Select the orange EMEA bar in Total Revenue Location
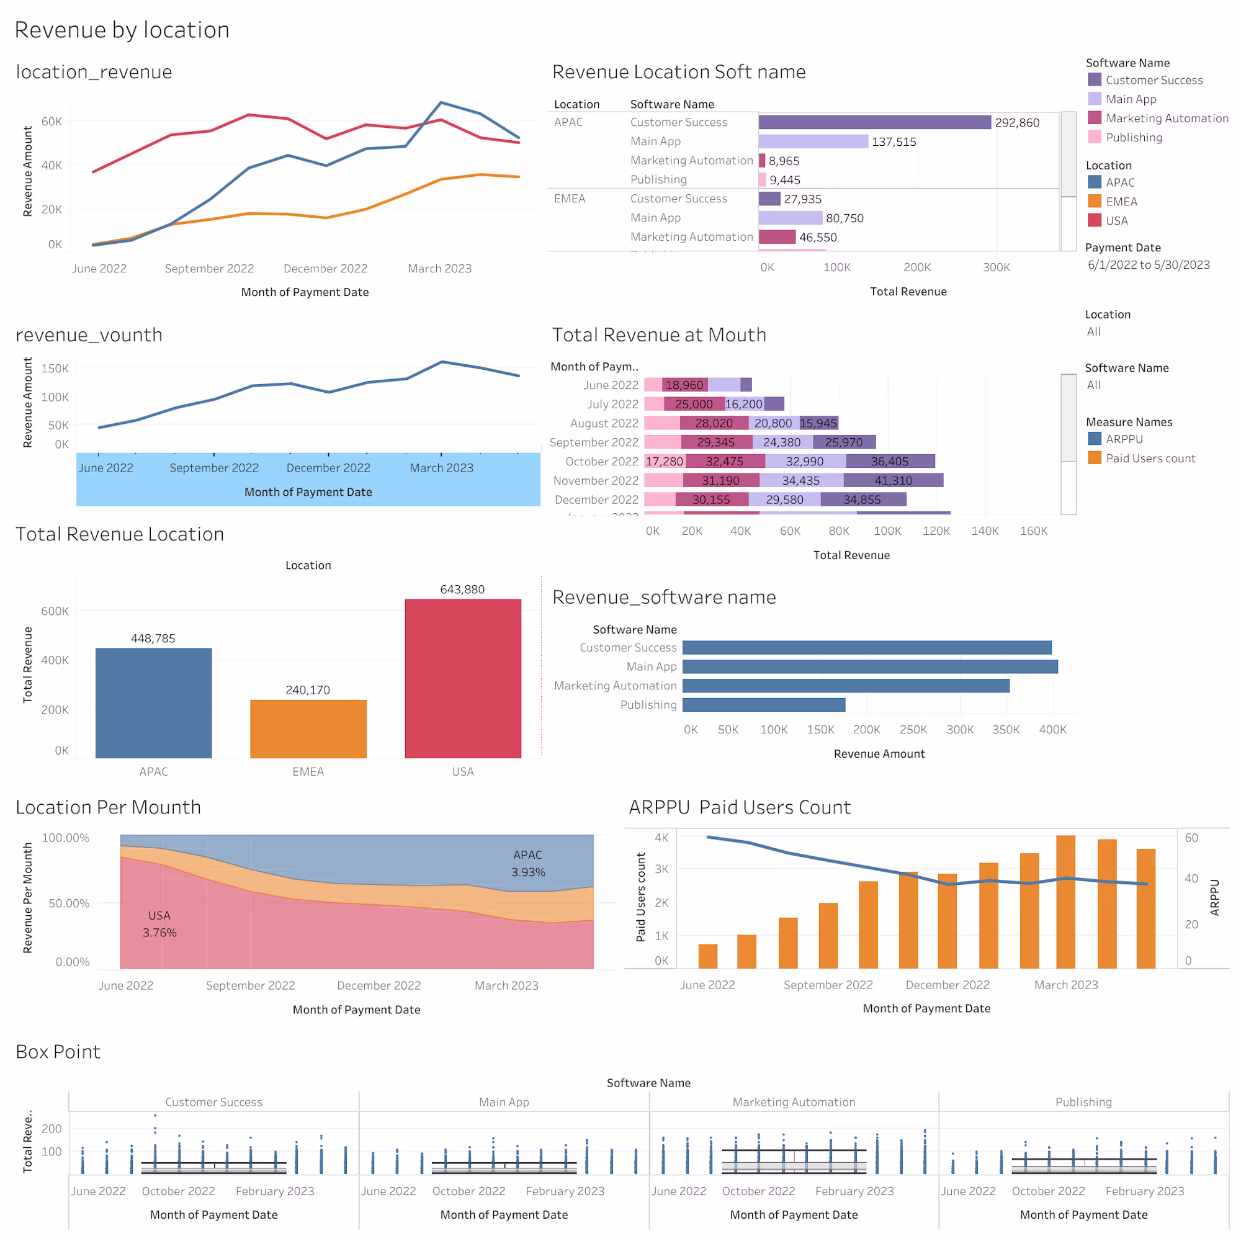pyautogui.click(x=308, y=728)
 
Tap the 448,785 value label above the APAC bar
pyautogui.click(x=153, y=638)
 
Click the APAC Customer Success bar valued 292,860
pyautogui.click(x=874, y=122)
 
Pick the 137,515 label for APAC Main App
pyautogui.click(x=894, y=141)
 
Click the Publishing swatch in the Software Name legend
pyautogui.click(x=1095, y=137)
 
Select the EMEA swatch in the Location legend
pyautogui.click(x=1095, y=201)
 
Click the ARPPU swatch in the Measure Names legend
pyautogui.click(x=1095, y=439)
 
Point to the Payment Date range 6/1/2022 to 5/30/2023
pyautogui.click(x=1149, y=265)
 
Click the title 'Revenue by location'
pyautogui.click(x=122, y=30)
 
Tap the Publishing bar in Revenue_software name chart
pyautogui.click(x=764, y=705)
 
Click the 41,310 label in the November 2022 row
pyautogui.click(x=893, y=480)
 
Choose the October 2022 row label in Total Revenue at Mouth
pyautogui.click(x=601, y=461)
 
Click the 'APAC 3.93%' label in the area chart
pyautogui.click(x=528, y=863)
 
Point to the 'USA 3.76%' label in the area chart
pyautogui.click(x=159, y=924)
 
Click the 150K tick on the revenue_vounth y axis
pyautogui.click(x=55, y=369)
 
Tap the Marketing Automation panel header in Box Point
pyautogui.click(x=794, y=1102)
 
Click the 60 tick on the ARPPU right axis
pyautogui.click(x=1191, y=838)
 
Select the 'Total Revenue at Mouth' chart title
pyautogui.click(x=659, y=334)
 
